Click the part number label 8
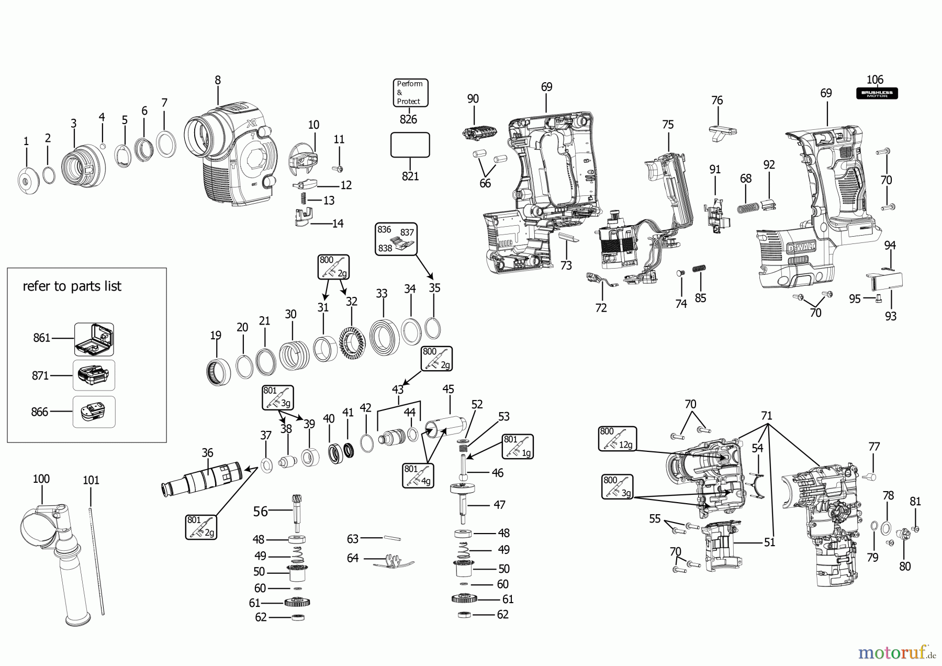pos(218,80)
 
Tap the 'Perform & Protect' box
pos(410,93)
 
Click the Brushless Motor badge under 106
pos(877,94)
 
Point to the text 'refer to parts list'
pos(72,286)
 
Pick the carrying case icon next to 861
pos(94,339)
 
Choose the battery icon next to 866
pos(94,412)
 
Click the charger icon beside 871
pos(94,375)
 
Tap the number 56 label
pos(261,511)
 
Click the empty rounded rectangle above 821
pos(410,145)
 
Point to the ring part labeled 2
pos(48,174)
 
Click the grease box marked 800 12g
pos(618,439)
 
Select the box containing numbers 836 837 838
pos(396,238)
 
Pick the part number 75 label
pos(668,125)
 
